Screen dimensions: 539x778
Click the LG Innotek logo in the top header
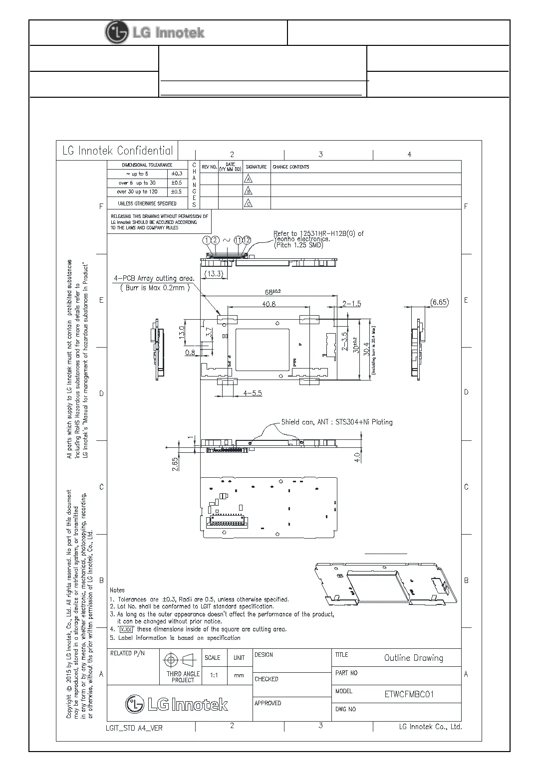coord(155,33)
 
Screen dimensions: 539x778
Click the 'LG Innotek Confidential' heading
coord(118,151)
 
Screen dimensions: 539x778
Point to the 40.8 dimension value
coord(269,304)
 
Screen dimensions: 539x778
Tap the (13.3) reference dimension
coord(214,274)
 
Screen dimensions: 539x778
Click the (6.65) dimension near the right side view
coord(439,302)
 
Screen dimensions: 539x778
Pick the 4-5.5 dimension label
coord(253,393)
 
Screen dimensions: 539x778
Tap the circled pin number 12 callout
coord(247,240)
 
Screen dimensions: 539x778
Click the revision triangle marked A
coord(248,179)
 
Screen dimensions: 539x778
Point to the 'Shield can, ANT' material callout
coord(337,422)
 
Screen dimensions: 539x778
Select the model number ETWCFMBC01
coord(409,694)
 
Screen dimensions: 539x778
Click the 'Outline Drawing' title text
coord(413,658)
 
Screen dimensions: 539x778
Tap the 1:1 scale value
coord(214,675)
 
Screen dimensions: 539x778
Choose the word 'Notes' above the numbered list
coord(117,590)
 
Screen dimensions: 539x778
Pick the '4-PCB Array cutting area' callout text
coord(154,278)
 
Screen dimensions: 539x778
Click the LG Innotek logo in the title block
coord(177,704)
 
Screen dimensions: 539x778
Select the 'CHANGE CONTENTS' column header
coord(290,167)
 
